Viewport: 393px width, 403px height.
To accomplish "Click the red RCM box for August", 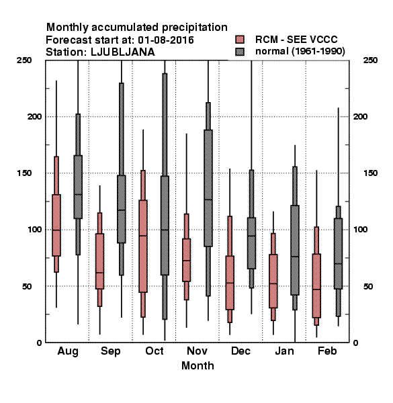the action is [x=56, y=225].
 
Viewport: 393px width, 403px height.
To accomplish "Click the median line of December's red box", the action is [x=230, y=283].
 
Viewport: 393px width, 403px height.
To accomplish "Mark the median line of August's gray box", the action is [x=78, y=195].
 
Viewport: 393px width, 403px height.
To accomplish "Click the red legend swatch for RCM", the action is [x=240, y=40].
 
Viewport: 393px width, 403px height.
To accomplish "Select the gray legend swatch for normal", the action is [x=240, y=52].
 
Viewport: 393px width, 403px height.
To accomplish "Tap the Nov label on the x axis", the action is [x=197, y=351].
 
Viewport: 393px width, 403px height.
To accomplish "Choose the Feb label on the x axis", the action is [x=327, y=351].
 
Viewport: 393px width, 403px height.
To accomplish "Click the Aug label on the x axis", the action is [x=68, y=351].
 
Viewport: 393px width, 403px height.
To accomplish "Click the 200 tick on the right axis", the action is [x=360, y=116].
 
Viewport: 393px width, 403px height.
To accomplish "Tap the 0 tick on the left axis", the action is [x=39, y=343].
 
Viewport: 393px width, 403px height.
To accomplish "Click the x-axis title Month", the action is [x=198, y=366].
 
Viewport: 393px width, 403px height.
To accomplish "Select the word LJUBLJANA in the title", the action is [x=123, y=52].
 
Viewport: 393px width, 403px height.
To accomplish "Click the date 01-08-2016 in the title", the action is [x=166, y=40].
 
